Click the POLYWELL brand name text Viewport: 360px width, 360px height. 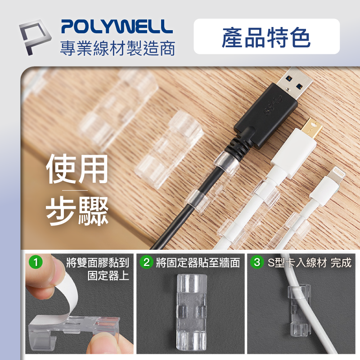point(117,27)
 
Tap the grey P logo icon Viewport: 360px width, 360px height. point(35,37)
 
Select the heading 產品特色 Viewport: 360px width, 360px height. point(266,37)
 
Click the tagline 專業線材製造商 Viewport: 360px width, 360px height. point(117,48)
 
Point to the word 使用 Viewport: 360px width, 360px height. point(77,169)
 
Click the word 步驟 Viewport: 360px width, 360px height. point(77,211)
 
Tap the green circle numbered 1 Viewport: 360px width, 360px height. point(36,262)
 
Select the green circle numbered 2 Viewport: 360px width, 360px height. point(147,262)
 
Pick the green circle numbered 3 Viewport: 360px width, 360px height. point(257,262)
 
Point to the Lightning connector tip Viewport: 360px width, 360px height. point(337,175)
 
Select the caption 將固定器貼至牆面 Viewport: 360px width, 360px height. point(198,263)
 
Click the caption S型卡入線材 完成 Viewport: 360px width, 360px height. point(310,263)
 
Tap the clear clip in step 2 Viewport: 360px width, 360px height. point(192,312)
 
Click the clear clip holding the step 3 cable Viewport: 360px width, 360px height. point(300,310)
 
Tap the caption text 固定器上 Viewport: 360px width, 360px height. point(108,276)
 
